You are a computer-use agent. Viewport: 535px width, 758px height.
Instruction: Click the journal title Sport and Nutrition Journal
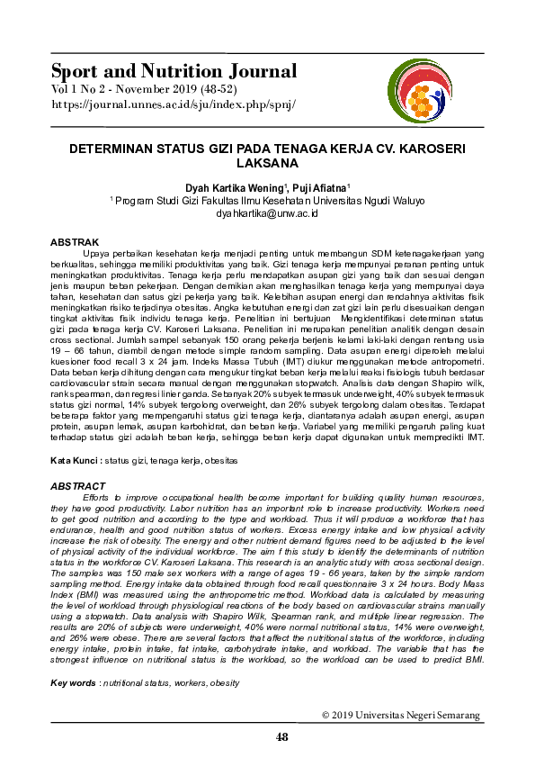[x=174, y=71]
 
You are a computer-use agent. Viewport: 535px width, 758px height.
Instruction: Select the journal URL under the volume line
[x=173, y=104]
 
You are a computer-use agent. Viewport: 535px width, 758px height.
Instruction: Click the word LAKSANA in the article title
[x=266, y=165]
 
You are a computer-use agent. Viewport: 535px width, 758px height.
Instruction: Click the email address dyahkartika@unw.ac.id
[x=267, y=213]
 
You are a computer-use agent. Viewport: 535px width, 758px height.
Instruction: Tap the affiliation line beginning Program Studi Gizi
[x=267, y=201]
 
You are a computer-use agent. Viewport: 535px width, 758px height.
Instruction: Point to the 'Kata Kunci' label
[x=75, y=460]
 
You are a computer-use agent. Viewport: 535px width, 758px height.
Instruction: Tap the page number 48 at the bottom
[x=282, y=737]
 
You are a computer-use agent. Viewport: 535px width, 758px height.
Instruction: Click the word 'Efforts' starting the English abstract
[x=97, y=497]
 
